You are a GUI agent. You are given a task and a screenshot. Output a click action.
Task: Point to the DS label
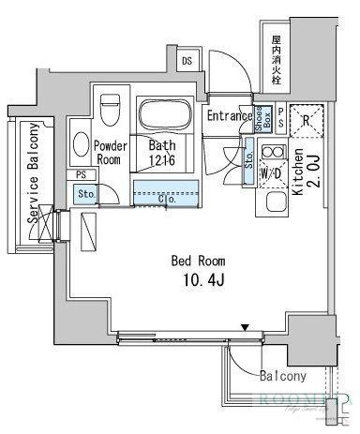[187, 62]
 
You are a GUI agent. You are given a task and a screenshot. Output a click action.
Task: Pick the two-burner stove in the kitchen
[273, 152]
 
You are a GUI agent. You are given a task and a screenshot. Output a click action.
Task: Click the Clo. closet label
[168, 197]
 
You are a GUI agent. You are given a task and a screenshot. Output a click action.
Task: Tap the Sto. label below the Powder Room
[85, 194]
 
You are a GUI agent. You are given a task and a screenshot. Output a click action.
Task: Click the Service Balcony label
[31, 172]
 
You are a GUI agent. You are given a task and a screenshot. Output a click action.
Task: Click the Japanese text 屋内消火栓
[276, 60]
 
